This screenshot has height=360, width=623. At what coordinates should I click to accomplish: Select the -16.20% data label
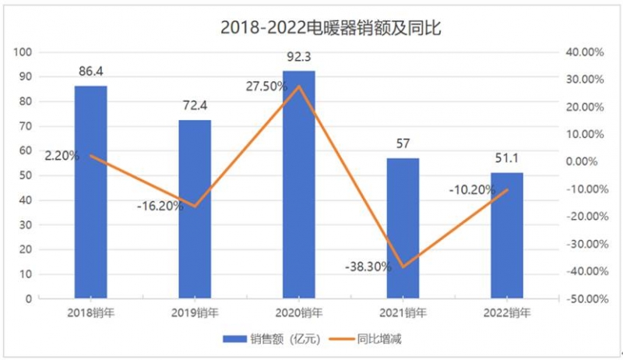pyautogui.click(x=160, y=206)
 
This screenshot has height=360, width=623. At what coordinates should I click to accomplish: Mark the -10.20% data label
pyautogui.click(x=472, y=190)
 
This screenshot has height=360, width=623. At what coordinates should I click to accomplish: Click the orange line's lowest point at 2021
pyautogui.click(x=403, y=266)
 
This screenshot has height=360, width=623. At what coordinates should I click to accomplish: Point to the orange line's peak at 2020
pyautogui.click(x=298, y=86)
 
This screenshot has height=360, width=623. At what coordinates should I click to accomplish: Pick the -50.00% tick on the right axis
pyautogui.click(x=583, y=299)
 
